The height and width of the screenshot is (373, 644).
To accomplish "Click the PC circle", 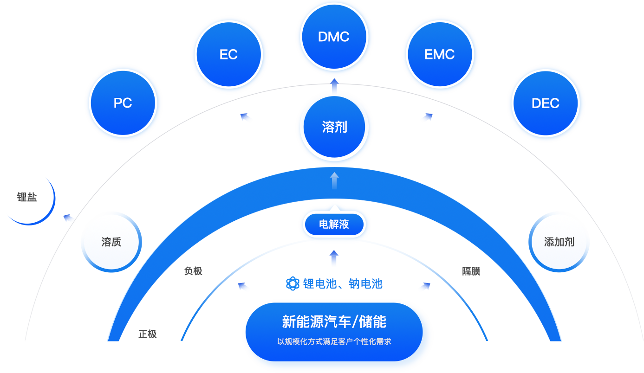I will pyautogui.click(x=123, y=103).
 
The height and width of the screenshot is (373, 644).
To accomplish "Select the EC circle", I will pyautogui.click(x=229, y=54).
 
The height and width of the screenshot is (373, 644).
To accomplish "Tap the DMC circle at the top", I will pyautogui.click(x=334, y=37).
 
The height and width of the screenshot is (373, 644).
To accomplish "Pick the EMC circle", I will pyautogui.click(x=440, y=54).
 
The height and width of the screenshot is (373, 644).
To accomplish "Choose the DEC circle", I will pyautogui.click(x=546, y=103).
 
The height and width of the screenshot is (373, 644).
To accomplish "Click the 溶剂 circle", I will pyautogui.click(x=334, y=127).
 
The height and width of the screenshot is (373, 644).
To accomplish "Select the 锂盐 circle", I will pyautogui.click(x=27, y=197).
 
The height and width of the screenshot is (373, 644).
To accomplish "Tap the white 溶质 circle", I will pyautogui.click(x=111, y=242).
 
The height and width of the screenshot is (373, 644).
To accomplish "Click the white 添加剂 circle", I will pyautogui.click(x=559, y=242).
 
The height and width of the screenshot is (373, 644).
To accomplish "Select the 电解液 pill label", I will pyautogui.click(x=334, y=225).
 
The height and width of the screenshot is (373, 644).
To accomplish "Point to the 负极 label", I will pyautogui.click(x=193, y=271).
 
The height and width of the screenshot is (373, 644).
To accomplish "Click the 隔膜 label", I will pyautogui.click(x=471, y=271).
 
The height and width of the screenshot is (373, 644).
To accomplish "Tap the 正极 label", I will pyautogui.click(x=148, y=334).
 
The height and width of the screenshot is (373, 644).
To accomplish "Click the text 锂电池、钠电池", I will pyautogui.click(x=343, y=283).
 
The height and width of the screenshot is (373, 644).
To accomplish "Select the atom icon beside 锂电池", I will pyautogui.click(x=293, y=283).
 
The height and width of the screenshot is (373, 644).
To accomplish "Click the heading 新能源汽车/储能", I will pyautogui.click(x=334, y=322).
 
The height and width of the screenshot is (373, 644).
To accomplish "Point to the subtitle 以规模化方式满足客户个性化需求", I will pyautogui.click(x=334, y=341).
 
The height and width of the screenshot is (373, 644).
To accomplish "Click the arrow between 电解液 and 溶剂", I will pyautogui.click(x=334, y=180).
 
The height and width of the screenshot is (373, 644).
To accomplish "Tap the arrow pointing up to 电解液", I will pyautogui.click(x=334, y=257).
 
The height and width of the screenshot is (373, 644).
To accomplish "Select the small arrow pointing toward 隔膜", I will pyautogui.click(x=424, y=287).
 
